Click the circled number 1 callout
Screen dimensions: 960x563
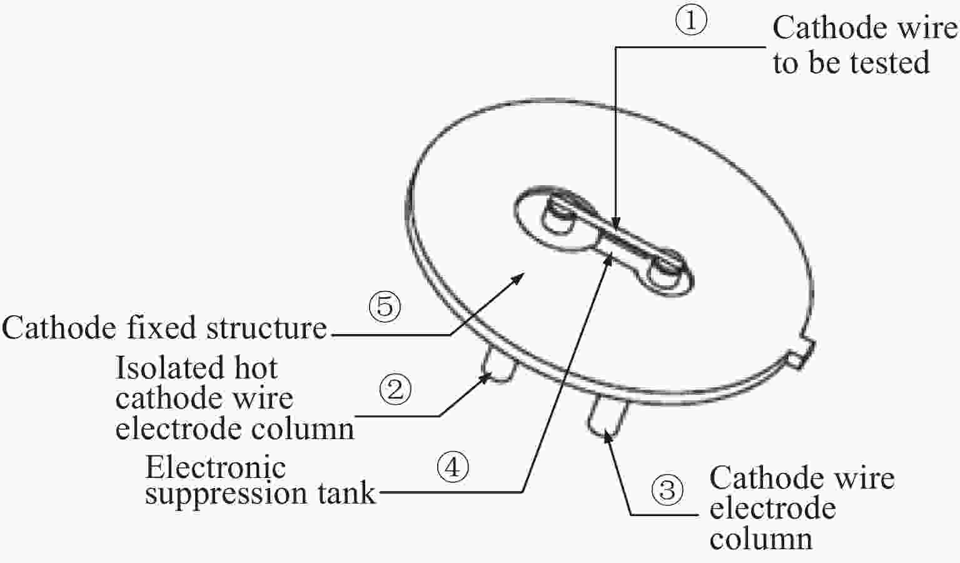pyautogui.click(x=691, y=21)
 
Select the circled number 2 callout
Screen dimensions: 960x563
pyautogui.click(x=395, y=389)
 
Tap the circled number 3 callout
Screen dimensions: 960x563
pyautogui.click(x=667, y=490)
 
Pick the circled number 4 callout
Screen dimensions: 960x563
pyautogui.click(x=453, y=467)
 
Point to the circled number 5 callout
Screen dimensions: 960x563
pyautogui.click(x=385, y=307)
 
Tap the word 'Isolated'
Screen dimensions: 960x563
pyautogui.click(x=169, y=368)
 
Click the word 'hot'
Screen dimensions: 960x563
pyautogui.click(x=256, y=368)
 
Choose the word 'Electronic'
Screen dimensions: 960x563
pyautogui.click(x=216, y=467)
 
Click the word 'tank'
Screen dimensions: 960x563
pyautogui.click(x=346, y=493)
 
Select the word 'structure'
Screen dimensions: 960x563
pyautogui.click(x=266, y=328)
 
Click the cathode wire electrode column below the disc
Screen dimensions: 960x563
pyautogui.click(x=606, y=417)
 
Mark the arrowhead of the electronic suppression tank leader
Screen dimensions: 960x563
pyautogui.click(x=609, y=260)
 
